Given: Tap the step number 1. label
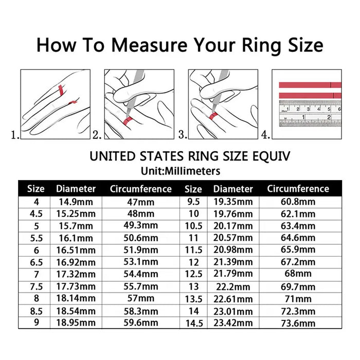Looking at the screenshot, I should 15,135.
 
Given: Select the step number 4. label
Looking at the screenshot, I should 265,135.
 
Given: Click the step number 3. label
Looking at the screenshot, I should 182,135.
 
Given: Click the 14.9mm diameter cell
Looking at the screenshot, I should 76,202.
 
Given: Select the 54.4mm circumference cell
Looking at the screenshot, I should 140,275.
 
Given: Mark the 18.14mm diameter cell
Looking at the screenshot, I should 76,299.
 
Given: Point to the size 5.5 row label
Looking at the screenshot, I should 35,238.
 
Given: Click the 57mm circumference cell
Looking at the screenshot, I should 140,299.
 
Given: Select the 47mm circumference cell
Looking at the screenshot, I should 140,202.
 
